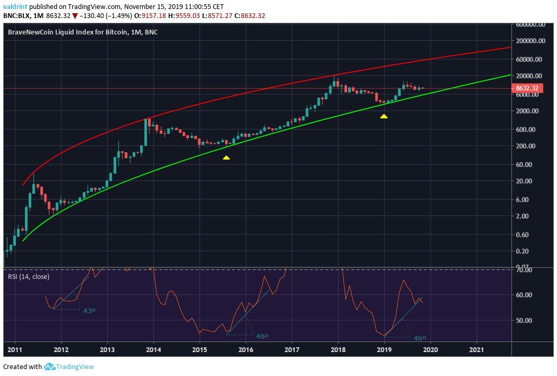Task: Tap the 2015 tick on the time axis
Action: (x=199, y=349)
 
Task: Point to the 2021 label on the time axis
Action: (x=476, y=349)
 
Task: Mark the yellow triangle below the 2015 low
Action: (x=226, y=158)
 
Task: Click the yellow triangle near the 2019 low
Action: (x=384, y=116)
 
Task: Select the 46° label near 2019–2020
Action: (x=420, y=338)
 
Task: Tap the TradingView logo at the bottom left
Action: (x=69, y=366)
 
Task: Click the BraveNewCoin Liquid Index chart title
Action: (x=82, y=32)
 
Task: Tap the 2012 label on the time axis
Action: (x=61, y=349)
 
